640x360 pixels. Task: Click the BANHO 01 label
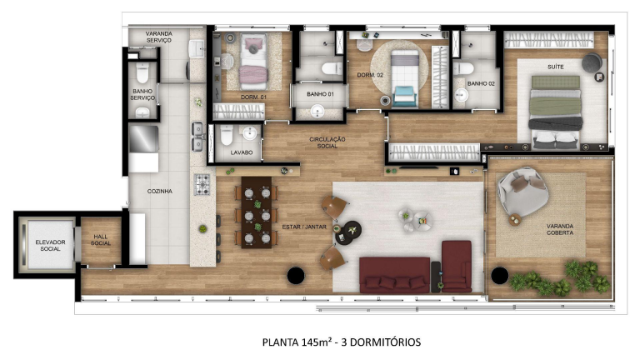coord(320,94)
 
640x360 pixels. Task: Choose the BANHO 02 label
coord(481,83)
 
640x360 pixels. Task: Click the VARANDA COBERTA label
coord(565,229)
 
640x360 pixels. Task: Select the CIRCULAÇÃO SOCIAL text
coord(327,143)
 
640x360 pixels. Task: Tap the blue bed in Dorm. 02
coord(405,77)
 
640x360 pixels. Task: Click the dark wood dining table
coord(257,211)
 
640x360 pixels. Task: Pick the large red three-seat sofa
coord(394,274)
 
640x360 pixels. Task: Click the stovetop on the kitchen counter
coord(201,184)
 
